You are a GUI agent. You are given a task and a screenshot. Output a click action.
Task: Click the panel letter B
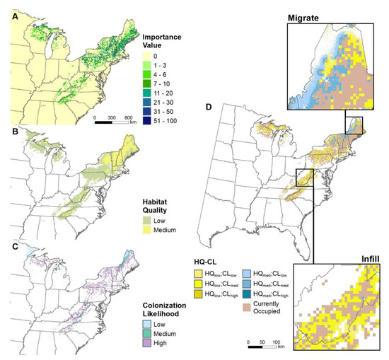coord(8,131)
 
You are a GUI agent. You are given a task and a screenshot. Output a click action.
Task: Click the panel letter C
coord(8,247)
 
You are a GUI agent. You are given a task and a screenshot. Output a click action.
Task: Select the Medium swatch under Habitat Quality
coord(146,230)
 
